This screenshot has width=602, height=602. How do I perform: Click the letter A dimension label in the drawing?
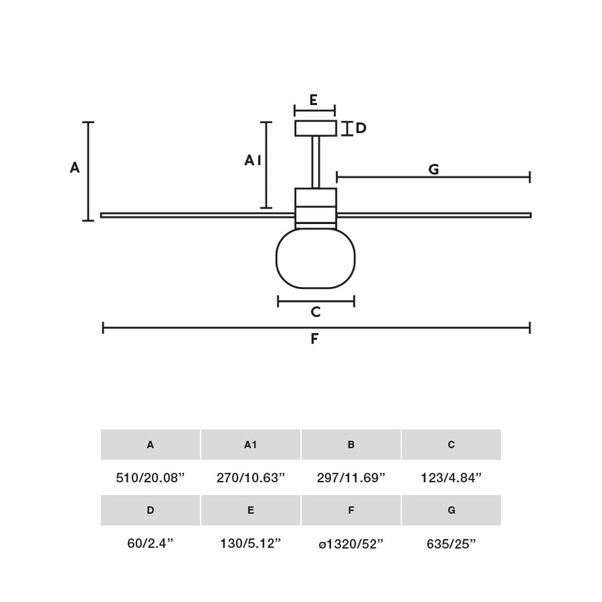tap(75, 168)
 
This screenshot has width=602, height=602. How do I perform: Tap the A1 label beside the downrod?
tap(253, 161)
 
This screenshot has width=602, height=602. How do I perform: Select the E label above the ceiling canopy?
tap(314, 100)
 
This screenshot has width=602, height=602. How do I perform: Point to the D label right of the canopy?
tap(361, 129)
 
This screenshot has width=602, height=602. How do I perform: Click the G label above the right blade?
tap(433, 169)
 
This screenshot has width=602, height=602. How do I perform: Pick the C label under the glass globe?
tap(316, 312)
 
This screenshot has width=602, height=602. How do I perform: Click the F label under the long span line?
tap(315, 339)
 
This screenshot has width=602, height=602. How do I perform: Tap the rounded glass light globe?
tap(316, 258)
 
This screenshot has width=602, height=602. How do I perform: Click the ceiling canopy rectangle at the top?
tap(316, 129)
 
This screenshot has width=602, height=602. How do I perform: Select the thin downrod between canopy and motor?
tap(316, 162)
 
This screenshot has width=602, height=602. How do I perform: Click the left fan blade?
tap(196, 215)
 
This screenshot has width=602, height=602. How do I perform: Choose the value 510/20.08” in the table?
tap(150, 478)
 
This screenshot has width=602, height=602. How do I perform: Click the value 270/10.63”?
tap(251, 478)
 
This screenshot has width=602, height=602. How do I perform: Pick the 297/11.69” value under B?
tap(351, 478)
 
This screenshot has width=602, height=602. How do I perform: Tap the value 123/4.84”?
tap(451, 478)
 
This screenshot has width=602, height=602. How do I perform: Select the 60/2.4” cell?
tap(150, 544)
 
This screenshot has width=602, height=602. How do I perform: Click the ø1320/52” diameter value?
tap(351, 544)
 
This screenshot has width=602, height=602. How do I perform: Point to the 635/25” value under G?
tap(451, 544)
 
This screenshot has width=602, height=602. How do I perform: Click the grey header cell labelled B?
tap(351, 444)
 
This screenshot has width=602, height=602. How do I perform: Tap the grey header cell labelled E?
tap(251, 510)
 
